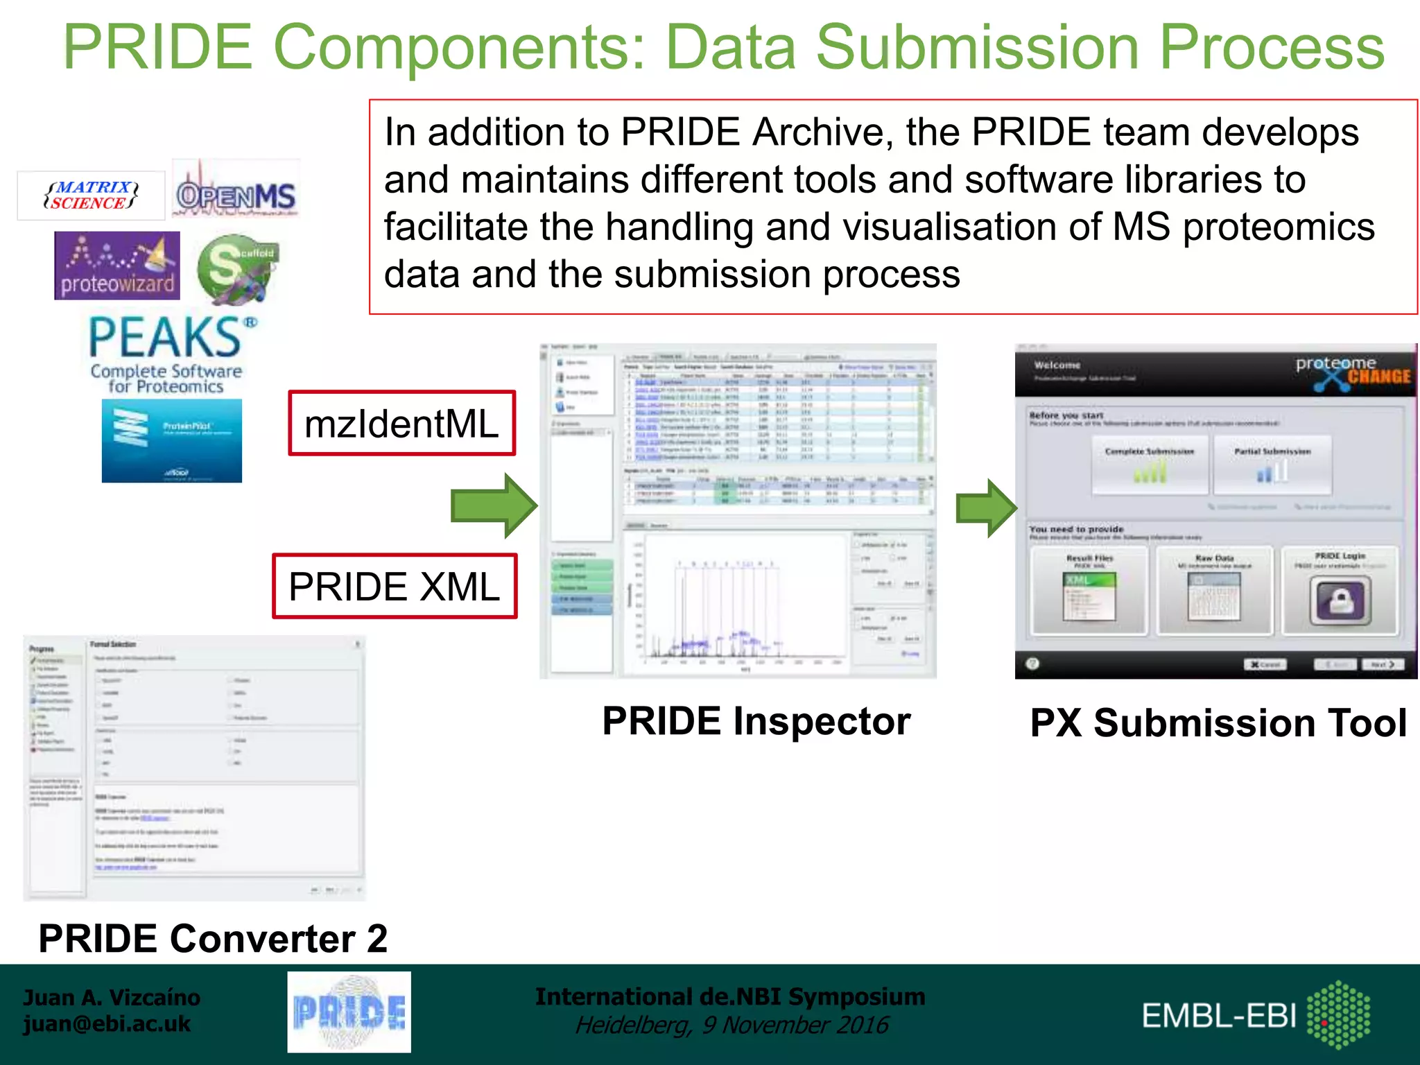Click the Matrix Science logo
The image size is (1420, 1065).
(91, 196)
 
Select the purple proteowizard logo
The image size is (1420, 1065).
(117, 266)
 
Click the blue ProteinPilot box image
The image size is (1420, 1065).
(172, 441)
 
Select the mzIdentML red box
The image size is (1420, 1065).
(401, 424)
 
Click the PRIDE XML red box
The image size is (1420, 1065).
(395, 587)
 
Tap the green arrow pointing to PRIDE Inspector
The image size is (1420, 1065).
(494, 505)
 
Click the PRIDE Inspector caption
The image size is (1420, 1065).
(756, 721)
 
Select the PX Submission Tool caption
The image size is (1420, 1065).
(1218, 723)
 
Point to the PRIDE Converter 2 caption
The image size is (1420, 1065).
(213, 939)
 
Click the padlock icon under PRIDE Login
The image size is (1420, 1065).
(1340, 600)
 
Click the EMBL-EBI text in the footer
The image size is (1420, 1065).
(1219, 1016)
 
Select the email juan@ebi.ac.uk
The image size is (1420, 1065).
(107, 1024)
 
